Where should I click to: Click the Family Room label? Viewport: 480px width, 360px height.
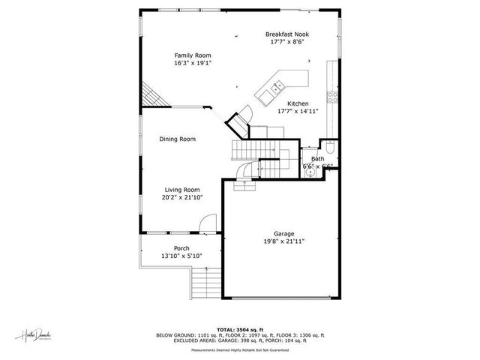pos(193,55)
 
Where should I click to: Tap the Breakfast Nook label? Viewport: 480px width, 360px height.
pos(287,34)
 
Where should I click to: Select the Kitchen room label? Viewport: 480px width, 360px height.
pos(298,103)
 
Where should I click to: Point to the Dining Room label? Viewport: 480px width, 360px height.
pos(177,139)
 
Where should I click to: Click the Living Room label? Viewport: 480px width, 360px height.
pos(182,190)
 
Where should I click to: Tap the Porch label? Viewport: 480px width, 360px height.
pos(181,248)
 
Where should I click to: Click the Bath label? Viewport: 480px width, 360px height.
pos(318,159)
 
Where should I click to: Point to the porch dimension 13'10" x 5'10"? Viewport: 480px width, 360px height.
pos(181,256)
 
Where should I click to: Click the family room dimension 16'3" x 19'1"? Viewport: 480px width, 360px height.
pos(193,63)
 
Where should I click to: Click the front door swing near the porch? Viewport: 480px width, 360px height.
pos(208,223)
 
